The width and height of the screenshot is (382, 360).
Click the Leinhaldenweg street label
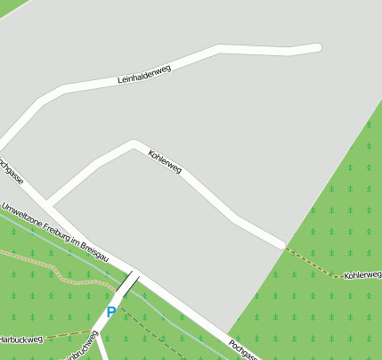[x=143, y=75]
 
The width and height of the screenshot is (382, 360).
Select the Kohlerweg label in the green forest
[x=362, y=276]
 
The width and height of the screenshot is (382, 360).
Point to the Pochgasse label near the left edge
[x=9, y=170]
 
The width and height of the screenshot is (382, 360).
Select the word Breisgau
[x=96, y=253]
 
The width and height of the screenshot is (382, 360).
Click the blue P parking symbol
[x=111, y=312]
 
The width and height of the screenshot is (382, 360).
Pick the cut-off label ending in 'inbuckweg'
[x=80, y=350]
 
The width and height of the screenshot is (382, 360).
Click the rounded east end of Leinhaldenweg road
[x=316, y=47]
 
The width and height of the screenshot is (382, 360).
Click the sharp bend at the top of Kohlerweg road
[x=133, y=143]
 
